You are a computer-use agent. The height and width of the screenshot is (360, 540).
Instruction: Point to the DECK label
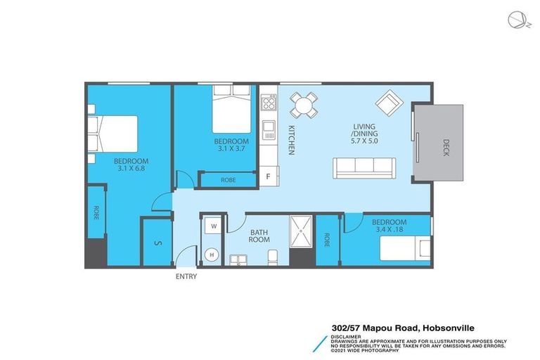coord(446,146)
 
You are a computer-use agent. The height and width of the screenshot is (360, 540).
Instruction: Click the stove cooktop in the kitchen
coord(268,103)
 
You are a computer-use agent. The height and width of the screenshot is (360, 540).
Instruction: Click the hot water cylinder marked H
coord(211,255)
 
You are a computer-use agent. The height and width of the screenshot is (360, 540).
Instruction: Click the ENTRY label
coord(186,276)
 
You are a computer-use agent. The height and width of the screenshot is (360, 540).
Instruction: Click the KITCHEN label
coord(290,140)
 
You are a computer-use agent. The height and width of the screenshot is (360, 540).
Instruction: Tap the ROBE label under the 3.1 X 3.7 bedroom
coord(228,180)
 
